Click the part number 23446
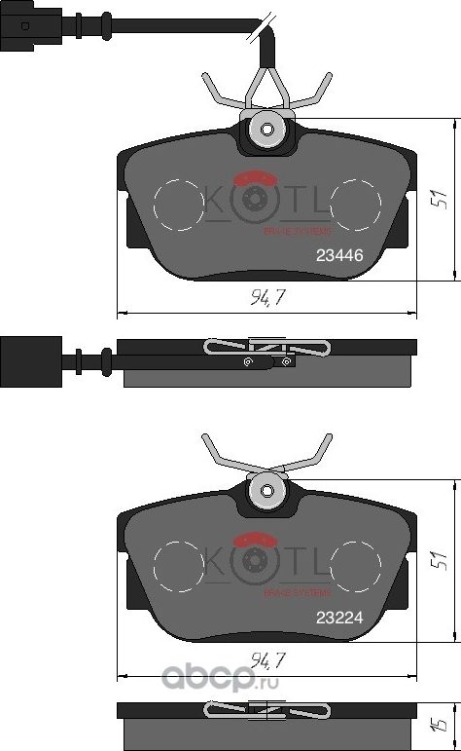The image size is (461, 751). tap(339, 256)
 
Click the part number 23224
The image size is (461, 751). tap(339, 616)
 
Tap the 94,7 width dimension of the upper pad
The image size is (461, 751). tap(266, 298)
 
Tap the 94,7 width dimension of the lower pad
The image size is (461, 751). tap(266, 661)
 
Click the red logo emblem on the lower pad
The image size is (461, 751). tap(258, 538)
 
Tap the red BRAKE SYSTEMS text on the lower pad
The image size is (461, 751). tap(298, 591)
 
